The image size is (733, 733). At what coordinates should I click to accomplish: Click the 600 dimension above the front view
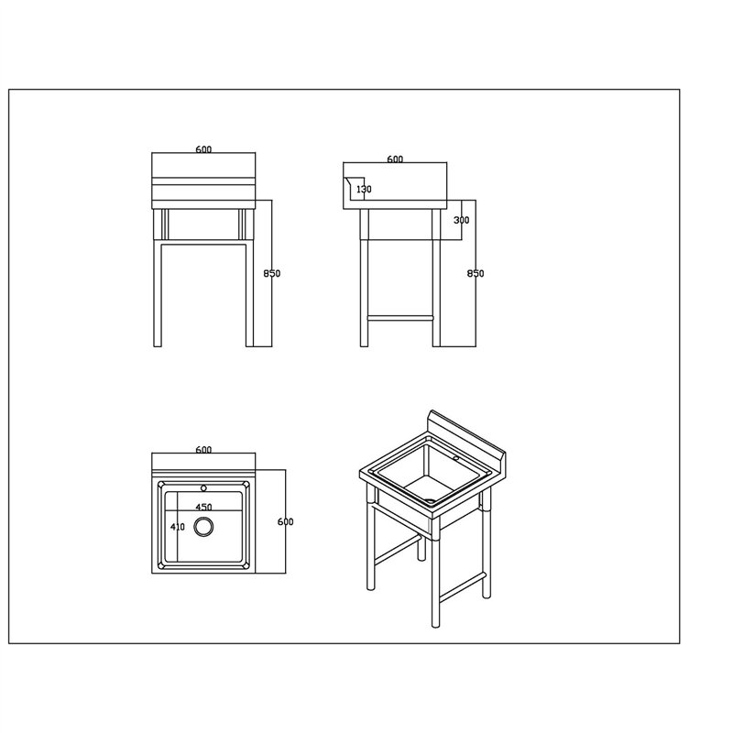tap(203, 149)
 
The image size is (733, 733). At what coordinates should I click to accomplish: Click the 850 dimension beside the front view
tap(271, 273)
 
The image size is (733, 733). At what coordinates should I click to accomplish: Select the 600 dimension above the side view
tap(395, 159)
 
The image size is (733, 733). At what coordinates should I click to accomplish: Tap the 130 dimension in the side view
tap(364, 189)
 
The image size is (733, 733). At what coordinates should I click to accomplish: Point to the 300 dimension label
tap(462, 220)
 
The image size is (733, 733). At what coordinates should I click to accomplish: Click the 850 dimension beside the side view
tap(476, 273)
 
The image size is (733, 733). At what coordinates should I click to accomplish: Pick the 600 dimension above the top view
tap(203, 450)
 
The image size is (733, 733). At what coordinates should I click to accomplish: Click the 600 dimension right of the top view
tap(285, 521)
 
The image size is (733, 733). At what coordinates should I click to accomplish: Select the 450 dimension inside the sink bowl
tap(203, 508)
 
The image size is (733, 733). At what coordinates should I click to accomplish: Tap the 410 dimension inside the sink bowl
tap(178, 527)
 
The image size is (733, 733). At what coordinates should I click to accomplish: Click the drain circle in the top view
tap(203, 527)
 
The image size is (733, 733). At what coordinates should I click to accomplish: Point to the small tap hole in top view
tap(203, 488)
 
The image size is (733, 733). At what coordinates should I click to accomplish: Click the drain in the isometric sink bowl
tap(430, 501)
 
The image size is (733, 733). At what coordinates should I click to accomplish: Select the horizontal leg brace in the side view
tap(400, 318)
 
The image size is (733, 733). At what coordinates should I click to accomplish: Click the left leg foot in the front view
tap(158, 345)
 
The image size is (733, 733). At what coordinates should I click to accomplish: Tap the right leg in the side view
tap(436, 278)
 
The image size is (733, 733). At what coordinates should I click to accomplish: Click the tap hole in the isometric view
tap(455, 458)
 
